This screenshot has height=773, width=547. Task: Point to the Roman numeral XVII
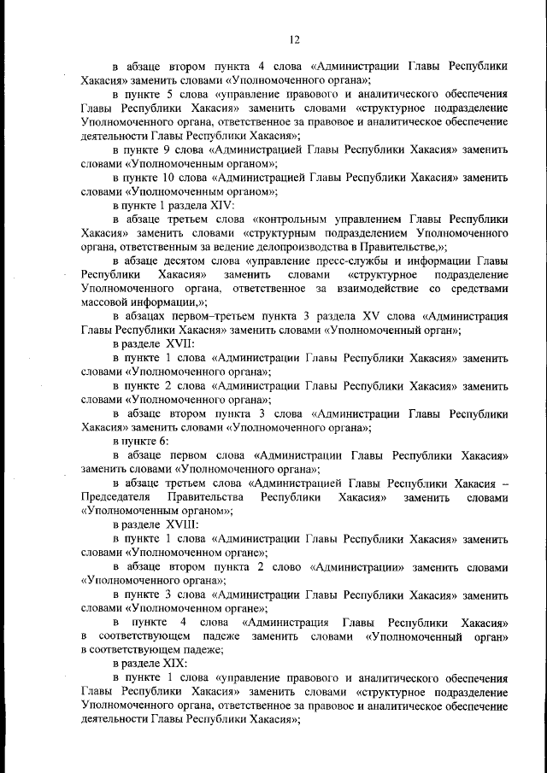tap(168, 344)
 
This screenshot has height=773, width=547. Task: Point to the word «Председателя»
tap(116, 496)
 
